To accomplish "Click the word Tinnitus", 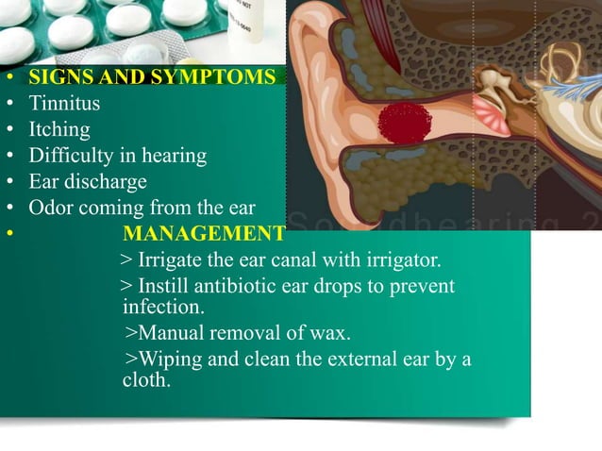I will coord(64,103).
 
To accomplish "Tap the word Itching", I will coord(59,129).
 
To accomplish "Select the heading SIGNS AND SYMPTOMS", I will coord(152,77).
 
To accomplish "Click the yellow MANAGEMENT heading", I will coord(204,233).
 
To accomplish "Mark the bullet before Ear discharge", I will coord(8,182).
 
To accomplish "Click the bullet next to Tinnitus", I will coord(8,104).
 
